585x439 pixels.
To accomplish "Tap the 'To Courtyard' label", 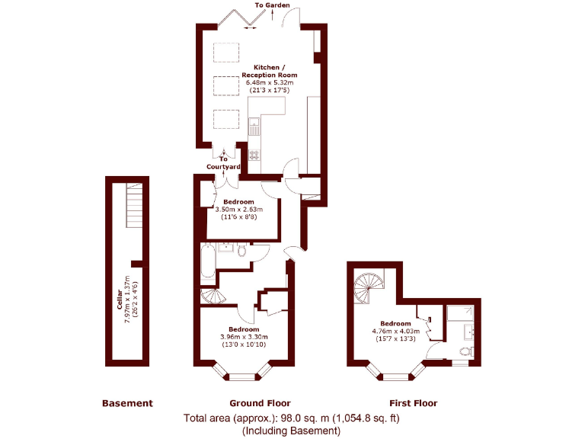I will click(x=223, y=163).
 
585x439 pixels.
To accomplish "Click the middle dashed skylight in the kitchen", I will click(x=225, y=85).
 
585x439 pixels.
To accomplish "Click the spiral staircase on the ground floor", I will click(x=212, y=296).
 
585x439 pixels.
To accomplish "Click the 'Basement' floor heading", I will click(x=127, y=403).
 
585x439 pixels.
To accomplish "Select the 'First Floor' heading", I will click(x=413, y=403).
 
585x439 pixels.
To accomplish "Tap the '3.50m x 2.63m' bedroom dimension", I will click(x=239, y=210).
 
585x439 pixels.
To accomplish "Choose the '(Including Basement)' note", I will click(x=291, y=431).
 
